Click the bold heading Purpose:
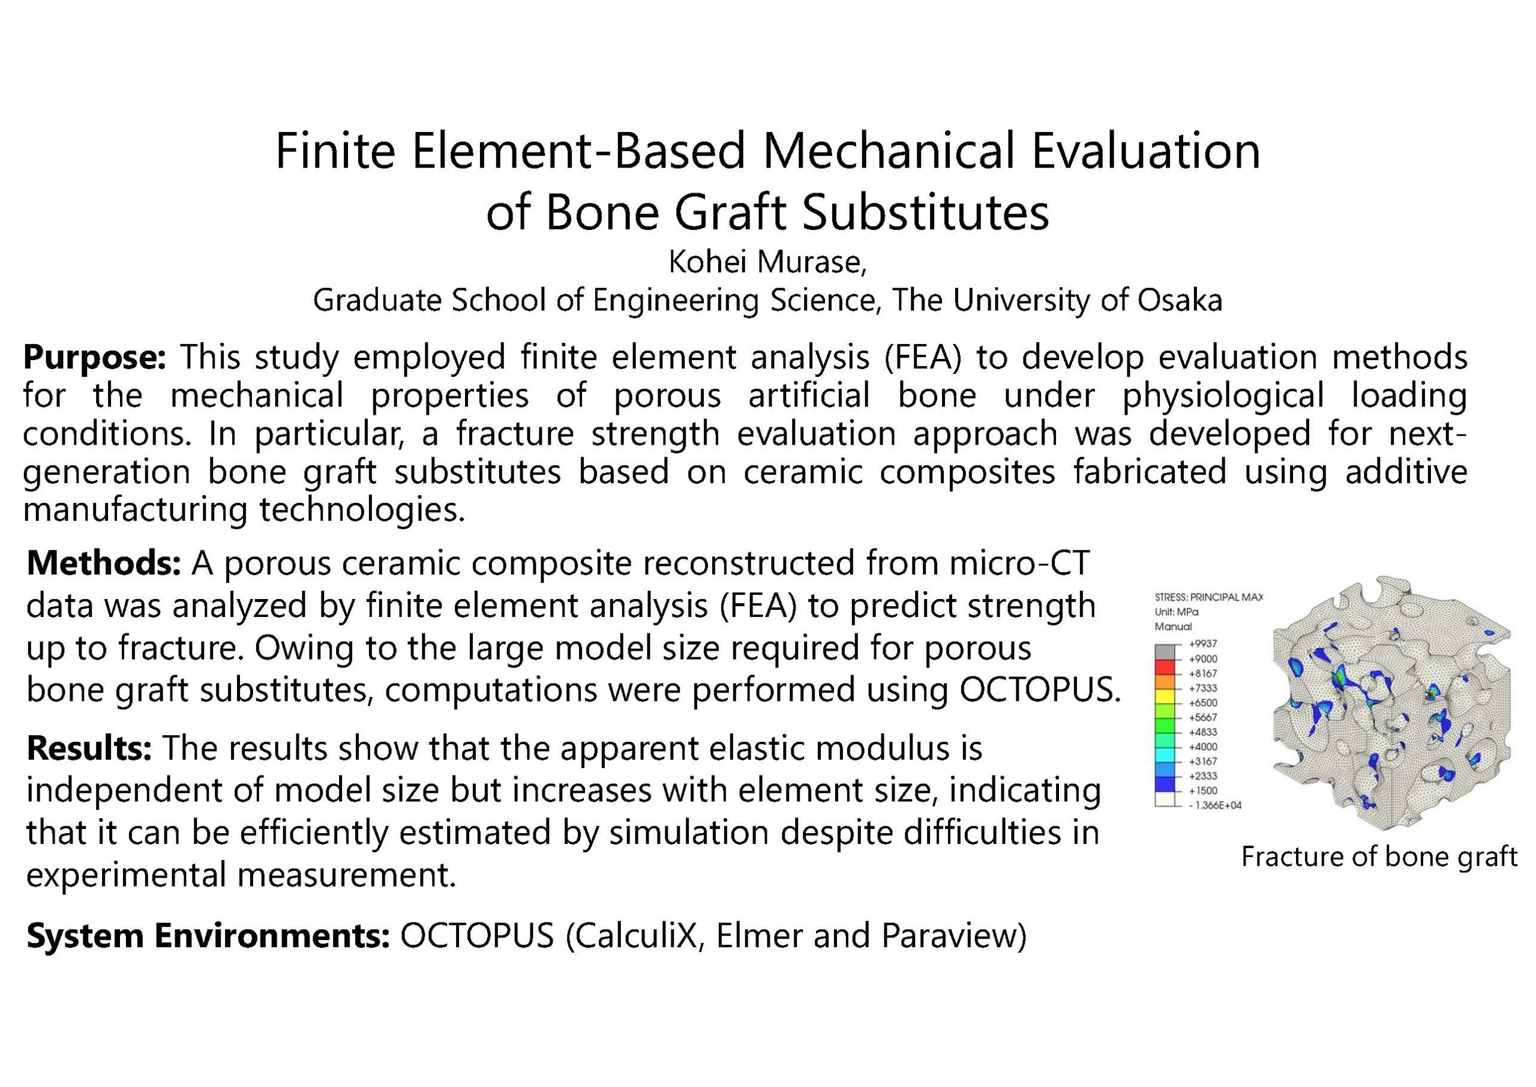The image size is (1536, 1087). click(x=94, y=357)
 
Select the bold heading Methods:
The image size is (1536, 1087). click(x=104, y=564)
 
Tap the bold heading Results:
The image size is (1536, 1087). click(x=89, y=748)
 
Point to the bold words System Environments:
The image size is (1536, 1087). click(x=208, y=936)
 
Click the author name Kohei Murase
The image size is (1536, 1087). click(x=766, y=262)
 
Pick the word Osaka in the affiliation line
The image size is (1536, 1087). click(x=1180, y=300)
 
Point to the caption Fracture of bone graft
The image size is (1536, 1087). click(x=1379, y=857)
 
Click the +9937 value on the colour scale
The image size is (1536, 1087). click(x=1202, y=644)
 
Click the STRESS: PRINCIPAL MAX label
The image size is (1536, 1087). click(x=1209, y=597)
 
